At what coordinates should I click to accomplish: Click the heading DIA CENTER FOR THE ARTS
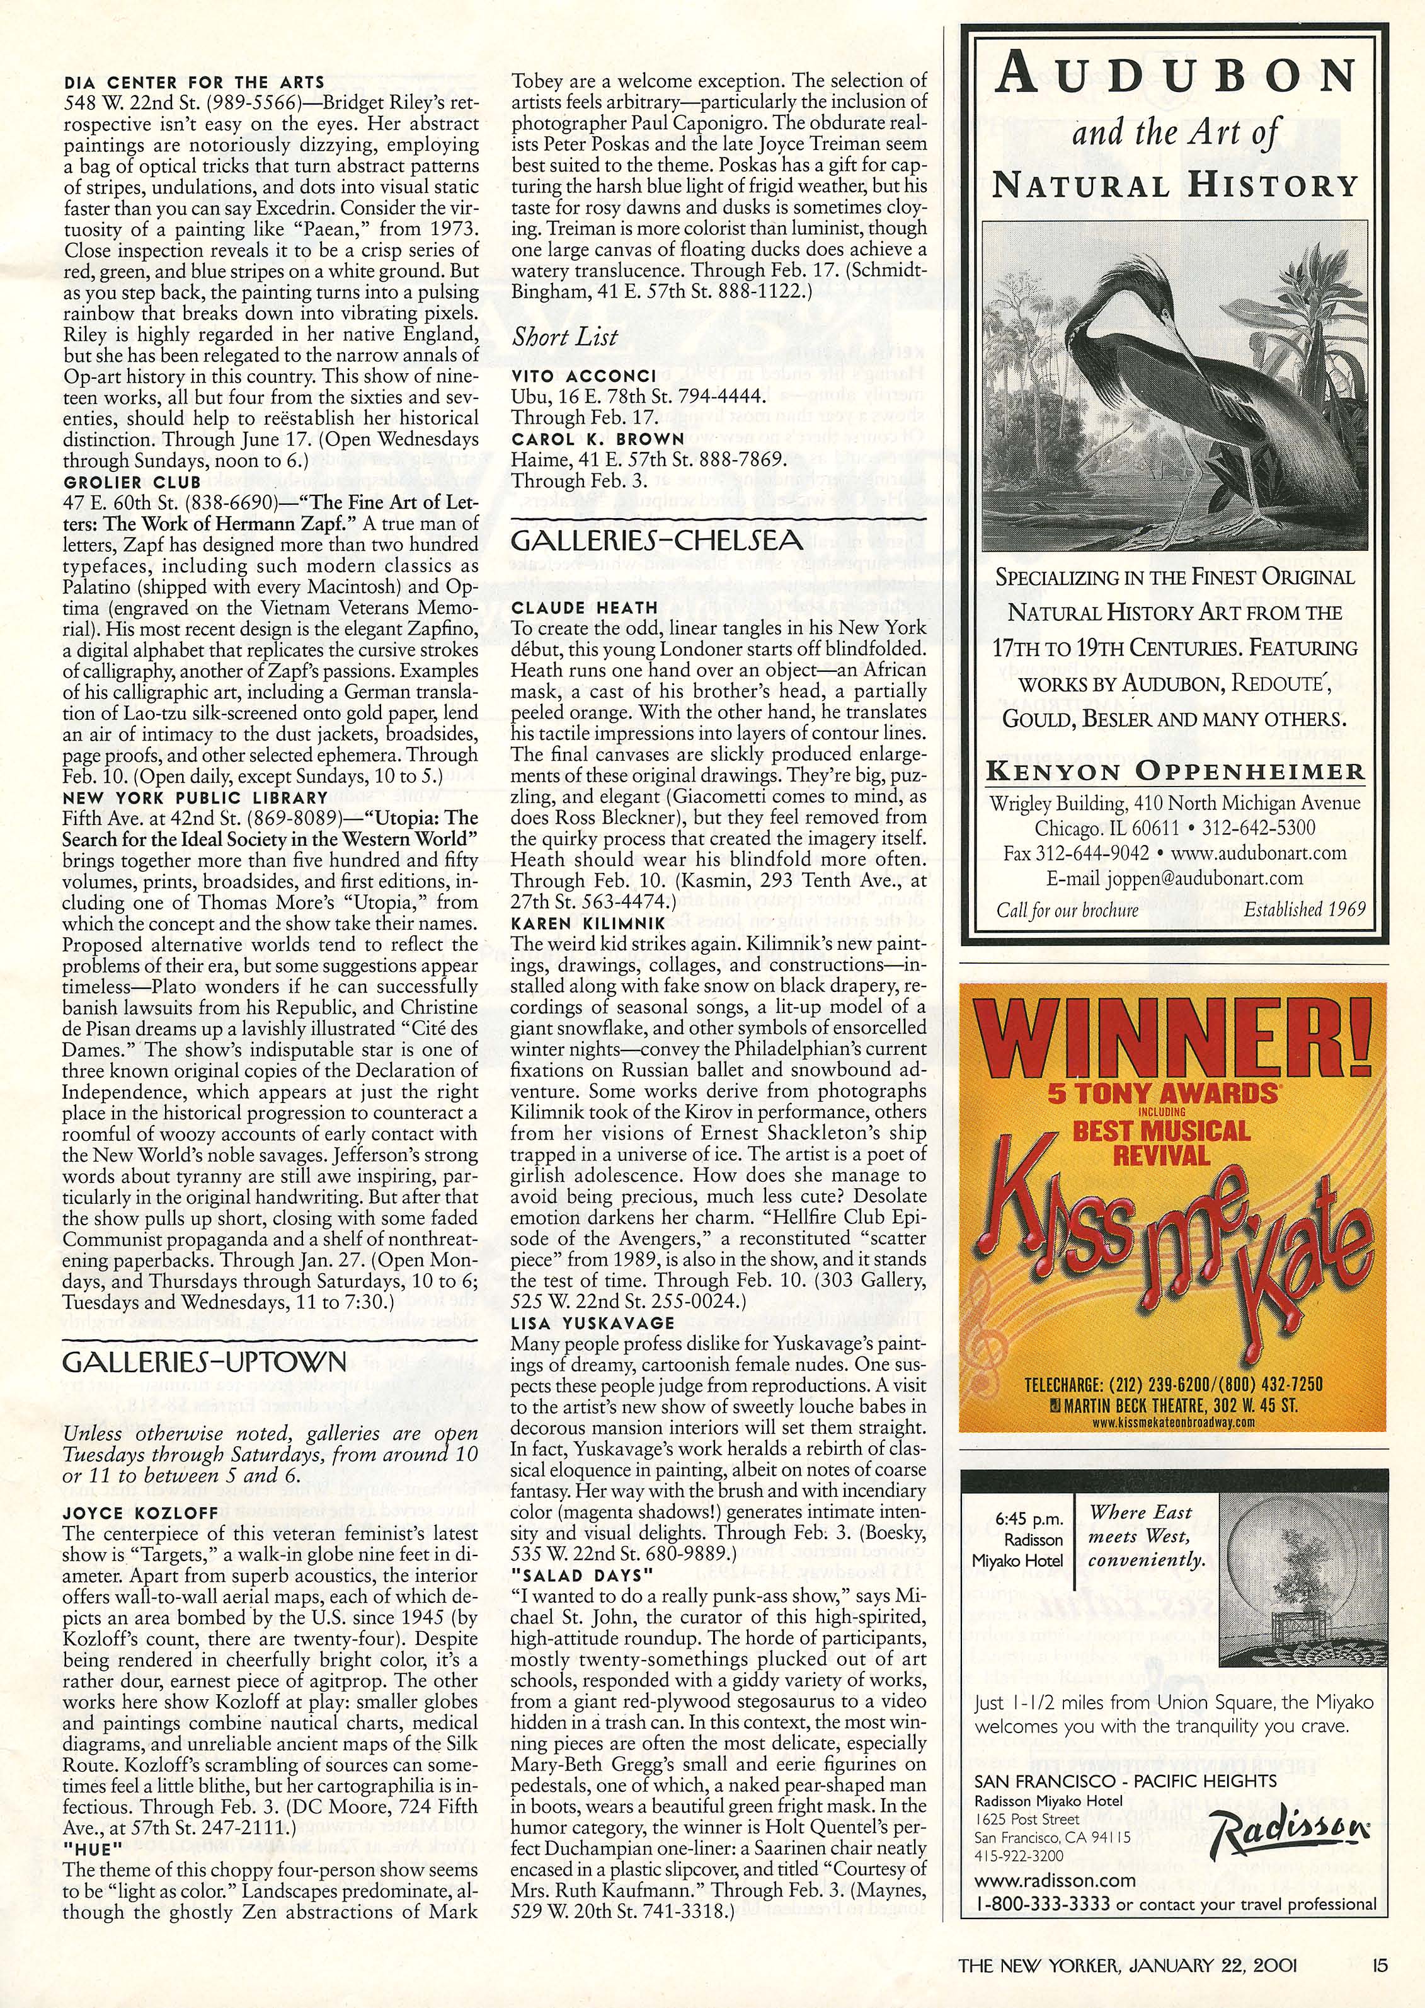(x=194, y=83)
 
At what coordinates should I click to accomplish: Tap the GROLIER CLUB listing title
(x=132, y=482)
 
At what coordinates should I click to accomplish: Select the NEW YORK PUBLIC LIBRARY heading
(x=195, y=798)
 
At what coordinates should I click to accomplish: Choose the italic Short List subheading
(x=565, y=337)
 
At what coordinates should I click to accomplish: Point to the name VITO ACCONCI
(x=583, y=376)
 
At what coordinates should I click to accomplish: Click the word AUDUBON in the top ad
(x=1176, y=78)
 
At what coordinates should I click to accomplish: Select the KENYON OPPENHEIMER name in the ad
(x=1176, y=772)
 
